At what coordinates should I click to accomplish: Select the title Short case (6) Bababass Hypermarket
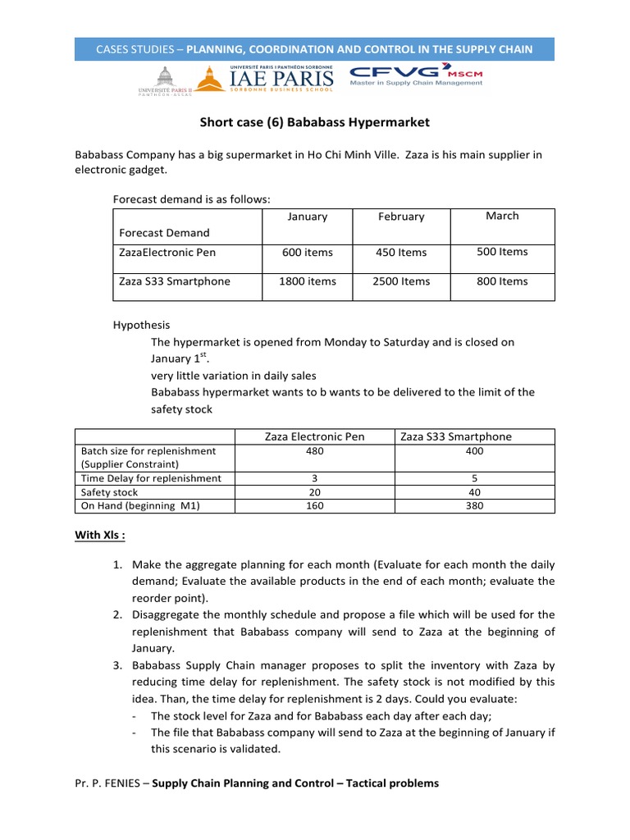pyautogui.click(x=315, y=123)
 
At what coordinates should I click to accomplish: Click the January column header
pyautogui.click(x=308, y=217)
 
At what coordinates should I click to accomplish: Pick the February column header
pyautogui.click(x=401, y=217)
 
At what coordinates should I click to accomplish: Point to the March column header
pyautogui.click(x=502, y=216)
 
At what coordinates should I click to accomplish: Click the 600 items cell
pyautogui.click(x=308, y=253)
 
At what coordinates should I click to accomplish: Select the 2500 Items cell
pyautogui.click(x=402, y=281)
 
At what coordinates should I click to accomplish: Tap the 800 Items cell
pyautogui.click(x=502, y=281)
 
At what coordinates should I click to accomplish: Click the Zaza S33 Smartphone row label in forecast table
pyautogui.click(x=175, y=281)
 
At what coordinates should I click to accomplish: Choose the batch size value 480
pyautogui.click(x=315, y=451)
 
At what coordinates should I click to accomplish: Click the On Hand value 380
pyautogui.click(x=474, y=506)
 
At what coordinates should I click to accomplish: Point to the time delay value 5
pyautogui.click(x=474, y=478)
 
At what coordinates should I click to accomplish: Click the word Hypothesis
pyautogui.click(x=141, y=326)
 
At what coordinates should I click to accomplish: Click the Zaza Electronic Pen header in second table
pyautogui.click(x=315, y=436)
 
